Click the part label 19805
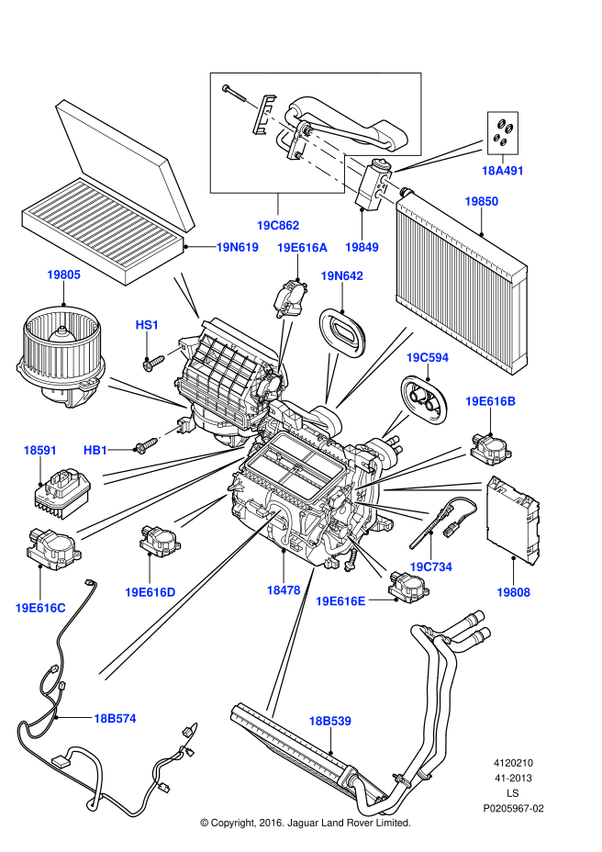[64, 274]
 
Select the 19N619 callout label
[237, 247]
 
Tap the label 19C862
[278, 225]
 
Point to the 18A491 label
[502, 170]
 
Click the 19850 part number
[481, 201]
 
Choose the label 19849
[362, 247]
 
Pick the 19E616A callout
[302, 247]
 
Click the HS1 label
[148, 324]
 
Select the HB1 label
[96, 450]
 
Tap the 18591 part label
[40, 450]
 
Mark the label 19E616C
[40, 607]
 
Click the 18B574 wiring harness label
[114, 718]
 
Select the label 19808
[513, 592]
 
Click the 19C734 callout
[430, 567]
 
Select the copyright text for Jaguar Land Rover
[305, 823]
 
